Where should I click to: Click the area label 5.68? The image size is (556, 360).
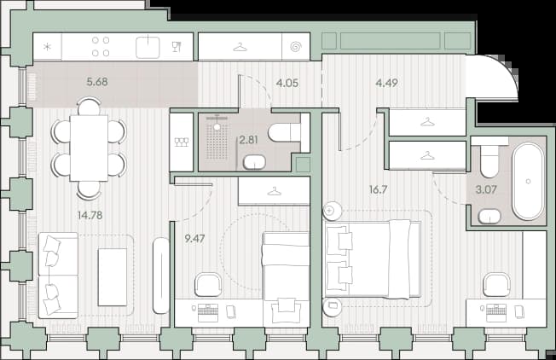(97, 82)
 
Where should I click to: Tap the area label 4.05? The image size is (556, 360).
(287, 83)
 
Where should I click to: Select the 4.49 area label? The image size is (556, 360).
(386, 83)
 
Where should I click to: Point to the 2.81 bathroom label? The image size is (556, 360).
(248, 140)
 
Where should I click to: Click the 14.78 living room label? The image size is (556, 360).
(90, 215)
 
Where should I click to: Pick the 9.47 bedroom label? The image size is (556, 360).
(194, 238)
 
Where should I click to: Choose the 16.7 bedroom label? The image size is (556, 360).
(378, 189)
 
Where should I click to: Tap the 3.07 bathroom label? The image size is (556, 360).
(486, 189)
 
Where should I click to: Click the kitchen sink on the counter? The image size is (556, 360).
(148, 47)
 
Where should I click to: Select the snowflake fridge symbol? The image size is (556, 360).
(47, 47)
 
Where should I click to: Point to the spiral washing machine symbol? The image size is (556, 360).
(296, 47)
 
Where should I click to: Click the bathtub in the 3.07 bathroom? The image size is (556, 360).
(528, 181)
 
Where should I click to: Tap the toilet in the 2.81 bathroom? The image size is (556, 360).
(284, 132)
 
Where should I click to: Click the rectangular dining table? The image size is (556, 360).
(89, 148)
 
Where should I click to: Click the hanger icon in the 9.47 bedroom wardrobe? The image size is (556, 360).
(274, 192)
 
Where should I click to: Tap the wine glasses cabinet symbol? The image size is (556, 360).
(182, 142)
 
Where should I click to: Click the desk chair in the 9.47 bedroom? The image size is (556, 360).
(208, 284)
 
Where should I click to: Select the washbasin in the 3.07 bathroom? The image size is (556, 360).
(489, 217)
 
